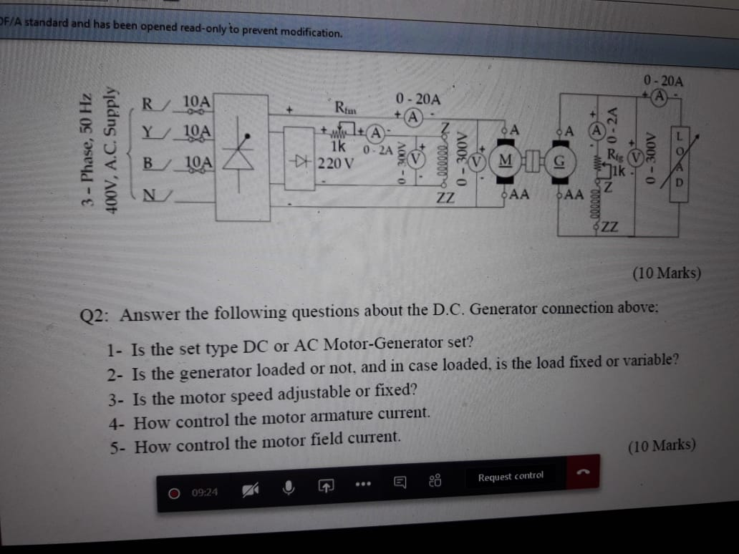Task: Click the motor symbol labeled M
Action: (507, 158)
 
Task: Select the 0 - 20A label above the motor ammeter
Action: (417, 99)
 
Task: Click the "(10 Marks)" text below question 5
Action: (661, 446)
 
